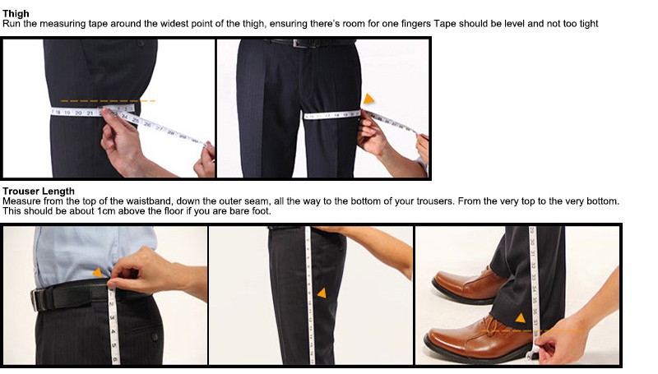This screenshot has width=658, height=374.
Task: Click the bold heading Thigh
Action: point(16,14)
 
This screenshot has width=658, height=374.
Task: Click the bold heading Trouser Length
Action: point(39,192)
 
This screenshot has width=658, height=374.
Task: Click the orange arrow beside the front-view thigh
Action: point(368,99)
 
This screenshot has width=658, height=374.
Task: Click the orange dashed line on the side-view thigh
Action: point(108,101)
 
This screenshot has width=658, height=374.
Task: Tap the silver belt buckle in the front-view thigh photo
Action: point(299,44)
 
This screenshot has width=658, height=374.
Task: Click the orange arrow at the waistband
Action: point(97,273)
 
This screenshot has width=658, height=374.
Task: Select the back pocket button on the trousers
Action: point(155,336)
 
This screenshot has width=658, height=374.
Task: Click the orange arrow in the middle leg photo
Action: point(322,293)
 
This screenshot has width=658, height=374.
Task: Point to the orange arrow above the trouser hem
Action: point(521,318)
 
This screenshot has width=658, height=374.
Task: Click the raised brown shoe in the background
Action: point(469,284)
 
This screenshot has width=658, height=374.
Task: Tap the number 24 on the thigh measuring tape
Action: point(124,116)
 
